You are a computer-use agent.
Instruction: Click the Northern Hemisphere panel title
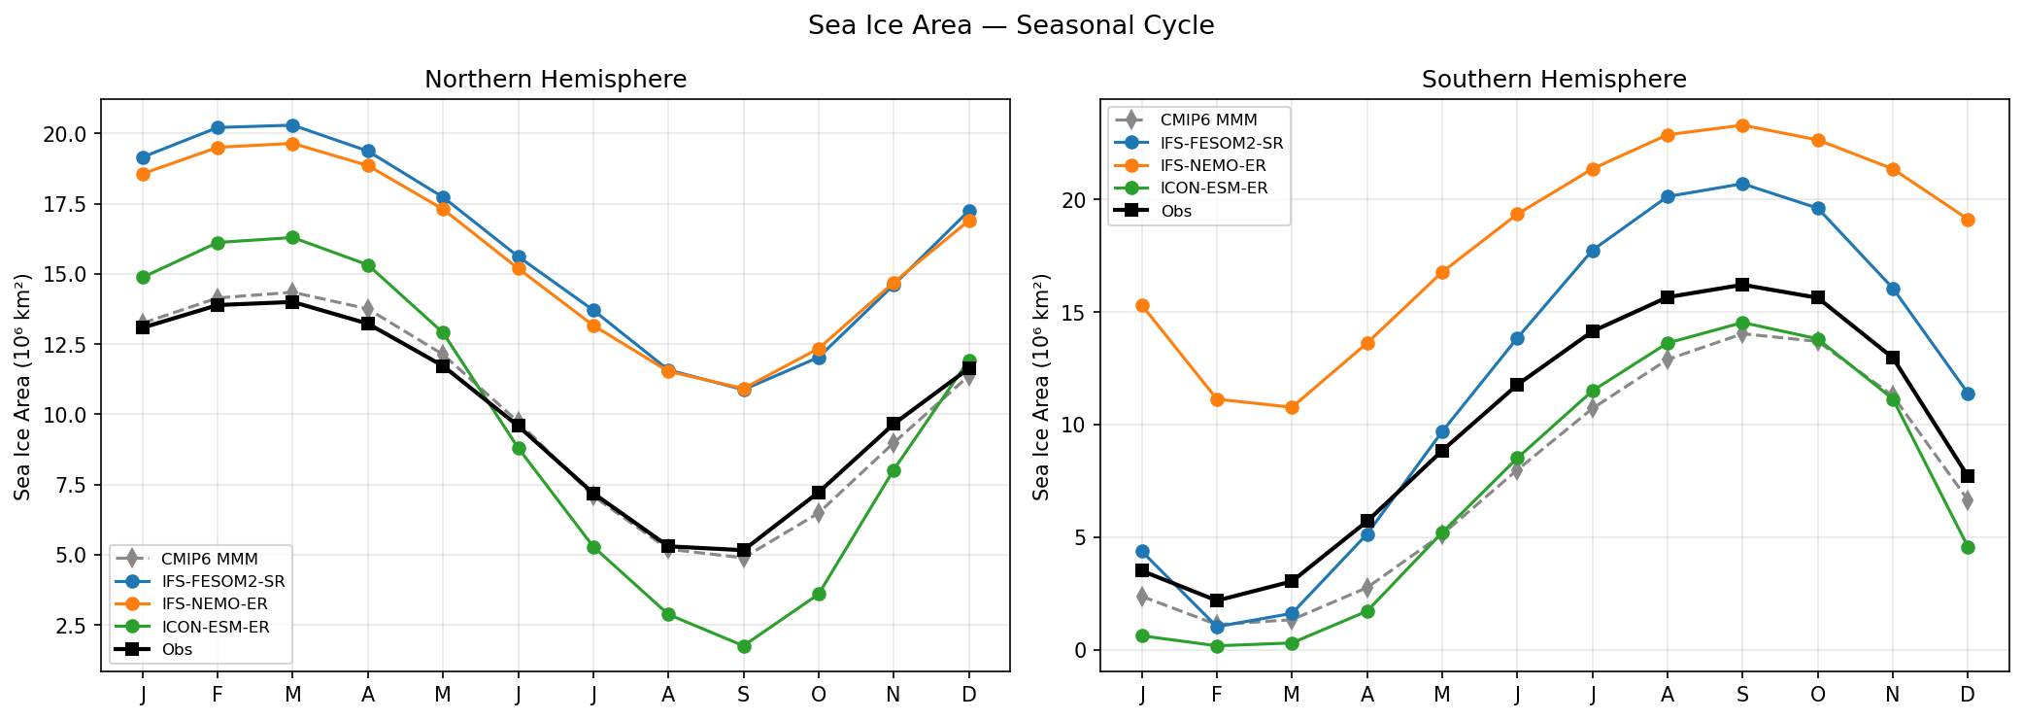click(555, 80)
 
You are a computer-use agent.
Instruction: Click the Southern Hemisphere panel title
click(1553, 80)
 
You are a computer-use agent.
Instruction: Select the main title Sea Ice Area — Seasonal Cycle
click(1010, 25)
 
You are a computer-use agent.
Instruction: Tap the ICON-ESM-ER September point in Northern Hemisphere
click(744, 646)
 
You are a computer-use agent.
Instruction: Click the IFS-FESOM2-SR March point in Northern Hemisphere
click(292, 125)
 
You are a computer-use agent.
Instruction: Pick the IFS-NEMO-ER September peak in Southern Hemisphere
click(1742, 125)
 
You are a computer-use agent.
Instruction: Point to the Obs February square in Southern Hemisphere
click(1217, 600)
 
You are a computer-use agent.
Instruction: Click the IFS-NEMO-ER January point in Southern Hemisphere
click(1142, 305)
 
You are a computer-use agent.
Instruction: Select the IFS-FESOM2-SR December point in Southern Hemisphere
click(1968, 394)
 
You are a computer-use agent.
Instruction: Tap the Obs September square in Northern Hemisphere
click(744, 550)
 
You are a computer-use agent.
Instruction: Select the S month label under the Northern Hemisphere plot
click(744, 694)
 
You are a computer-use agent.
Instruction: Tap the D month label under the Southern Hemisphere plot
click(1968, 694)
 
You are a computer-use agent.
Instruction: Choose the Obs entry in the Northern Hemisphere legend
click(177, 649)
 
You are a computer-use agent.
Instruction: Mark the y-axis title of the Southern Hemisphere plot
click(1042, 387)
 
